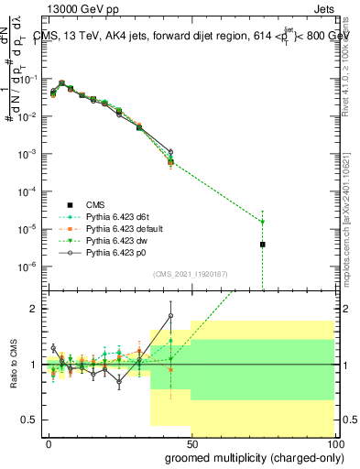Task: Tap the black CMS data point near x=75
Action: point(263,245)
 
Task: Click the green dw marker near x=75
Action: point(263,222)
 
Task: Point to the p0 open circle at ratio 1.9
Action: point(171,316)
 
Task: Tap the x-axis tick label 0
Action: point(49,442)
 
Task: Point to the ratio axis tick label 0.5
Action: point(29,420)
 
